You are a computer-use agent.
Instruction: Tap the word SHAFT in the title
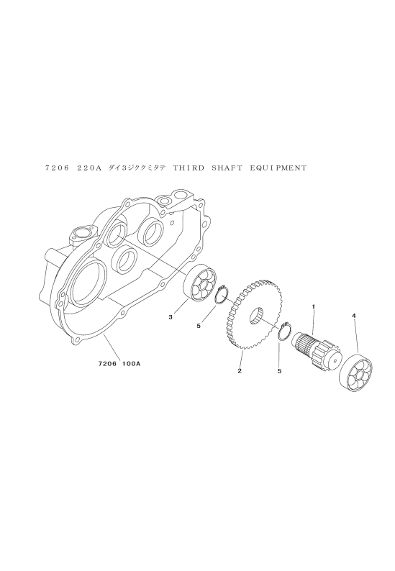pyautogui.click(x=227, y=168)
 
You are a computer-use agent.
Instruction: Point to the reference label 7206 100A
pyautogui.click(x=119, y=363)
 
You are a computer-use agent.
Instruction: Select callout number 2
pyautogui.click(x=240, y=371)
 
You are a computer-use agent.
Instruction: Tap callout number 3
pyautogui.click(x=171, y=317)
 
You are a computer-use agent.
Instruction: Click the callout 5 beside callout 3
pyautogui.click(x=199, y=326)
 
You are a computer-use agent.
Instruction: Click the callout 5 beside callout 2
pyautogui.click(x=279, y=372)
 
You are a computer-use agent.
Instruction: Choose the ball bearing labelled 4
pyautogui.click(x=357, y=374)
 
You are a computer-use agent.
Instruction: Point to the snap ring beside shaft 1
pyautogui.click(x=284, y=331)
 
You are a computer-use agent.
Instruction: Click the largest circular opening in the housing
pyautogui.click(x=88, y=278)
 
